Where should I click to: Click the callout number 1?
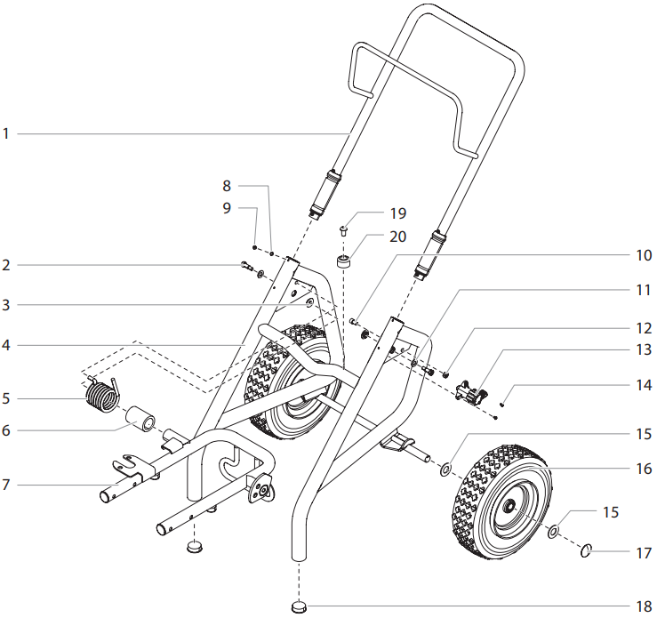pyautogui.click(x=5, y=134)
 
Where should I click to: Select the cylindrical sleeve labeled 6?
pyautogui.click(x=143, y=418)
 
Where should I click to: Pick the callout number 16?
pyautogui.click(x=644, y=467)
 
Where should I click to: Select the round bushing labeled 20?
pyautogui.click(x=344, y=263)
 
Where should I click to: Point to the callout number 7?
pyautogui.click(x=5, y=486)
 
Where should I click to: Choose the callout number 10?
pyautogui.click(x=643, y=254)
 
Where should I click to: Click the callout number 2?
pyautogui.click(x=5, y=265)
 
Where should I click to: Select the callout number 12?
pyautogui.click(x=643, y=328)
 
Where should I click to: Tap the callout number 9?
pyautogui.click(x=227, y=207)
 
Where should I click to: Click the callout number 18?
pyautogui.click(x=643, y=607)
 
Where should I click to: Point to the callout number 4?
pyautogui.click(x=5, y=344)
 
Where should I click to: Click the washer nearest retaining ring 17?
pyautogui.click(x=553, y=532)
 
